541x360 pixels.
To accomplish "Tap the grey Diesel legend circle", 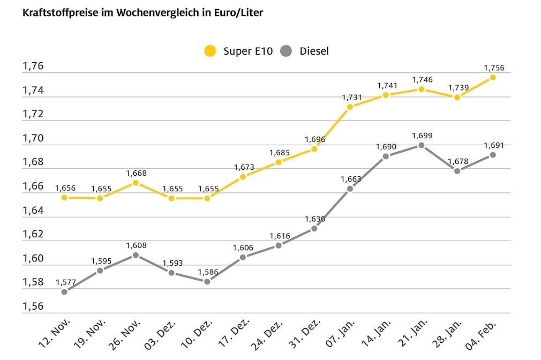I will click(x=286, y=51).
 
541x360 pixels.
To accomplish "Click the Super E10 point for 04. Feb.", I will click(x=493, y=77).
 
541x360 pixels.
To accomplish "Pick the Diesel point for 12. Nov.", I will click(x=64, y=292).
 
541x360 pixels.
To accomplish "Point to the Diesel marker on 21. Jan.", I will click(x=422, y=145).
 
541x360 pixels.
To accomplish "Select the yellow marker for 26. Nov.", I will click(x=136, y=183).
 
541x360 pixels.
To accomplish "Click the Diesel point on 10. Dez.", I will click(x=207, y=281).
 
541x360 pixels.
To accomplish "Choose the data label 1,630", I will click(x=314, y=219).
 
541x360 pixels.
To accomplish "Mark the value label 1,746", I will click(x=422, y=80).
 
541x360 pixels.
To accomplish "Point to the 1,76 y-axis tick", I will click(x=33, y=66).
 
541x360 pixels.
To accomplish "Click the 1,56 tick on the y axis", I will click(x=33, y=306).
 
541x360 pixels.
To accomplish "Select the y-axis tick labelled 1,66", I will click(x=33, y=186).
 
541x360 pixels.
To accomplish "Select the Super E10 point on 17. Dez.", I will click(x=243, y=177).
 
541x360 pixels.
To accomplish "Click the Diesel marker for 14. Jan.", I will click(x=386, y=156).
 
